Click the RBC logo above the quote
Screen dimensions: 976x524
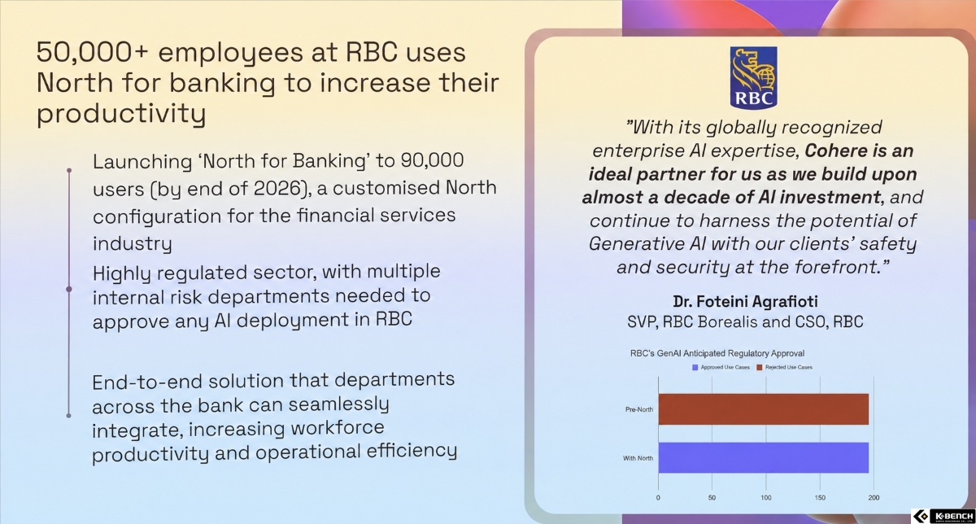753,77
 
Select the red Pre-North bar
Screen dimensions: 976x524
764,409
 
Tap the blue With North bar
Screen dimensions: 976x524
764,458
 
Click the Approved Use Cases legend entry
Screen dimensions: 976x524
721,368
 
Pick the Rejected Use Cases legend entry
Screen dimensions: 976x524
784,368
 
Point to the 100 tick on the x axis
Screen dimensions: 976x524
766,497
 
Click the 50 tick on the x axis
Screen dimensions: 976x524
712,497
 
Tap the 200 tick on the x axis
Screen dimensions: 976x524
874,497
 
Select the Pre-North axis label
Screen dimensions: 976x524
639,409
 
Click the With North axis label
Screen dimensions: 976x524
638,458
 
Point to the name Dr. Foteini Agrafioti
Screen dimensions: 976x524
745,301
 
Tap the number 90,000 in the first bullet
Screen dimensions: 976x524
432,160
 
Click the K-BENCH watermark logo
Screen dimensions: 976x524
943,516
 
